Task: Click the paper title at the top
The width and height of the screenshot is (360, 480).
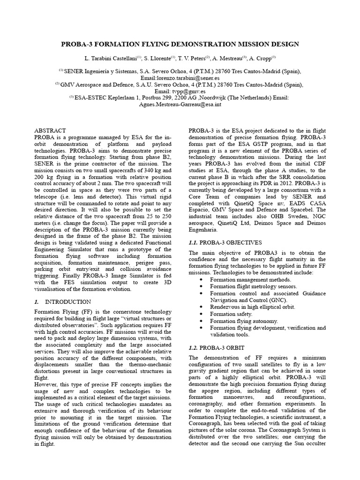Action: coord(180,44)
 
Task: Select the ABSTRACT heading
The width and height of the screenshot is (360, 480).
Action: coord(50,130)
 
